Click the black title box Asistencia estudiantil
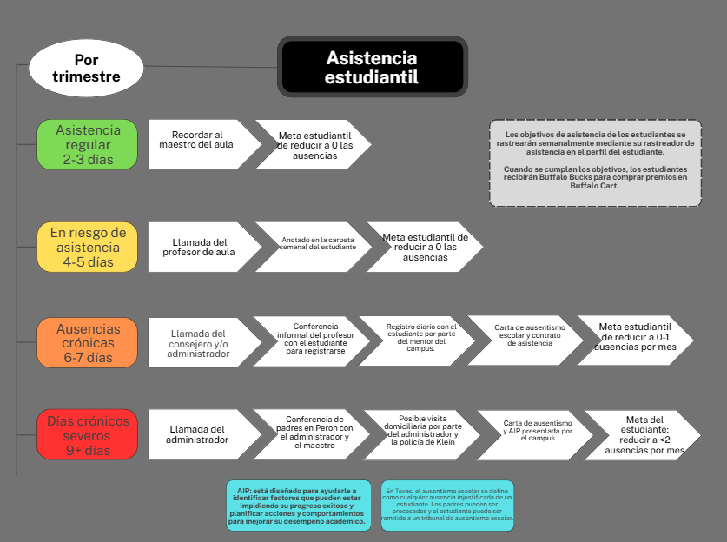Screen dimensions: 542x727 (x=372, y=67)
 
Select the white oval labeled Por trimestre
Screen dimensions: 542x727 (x=86, y=69)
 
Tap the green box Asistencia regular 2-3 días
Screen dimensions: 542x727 (x=87, y=144)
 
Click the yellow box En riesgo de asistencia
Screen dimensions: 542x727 (x=87, y=247)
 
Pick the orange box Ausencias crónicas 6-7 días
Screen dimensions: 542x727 (x=87, y=342)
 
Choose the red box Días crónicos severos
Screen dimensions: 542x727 (x=87, y=435)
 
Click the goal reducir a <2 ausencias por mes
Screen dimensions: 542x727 (x=643, y=435)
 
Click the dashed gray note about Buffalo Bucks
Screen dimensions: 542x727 (x=595, y=162)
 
